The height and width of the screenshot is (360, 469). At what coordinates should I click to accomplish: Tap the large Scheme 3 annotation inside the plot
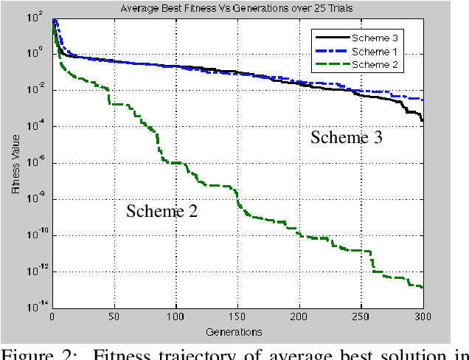347,137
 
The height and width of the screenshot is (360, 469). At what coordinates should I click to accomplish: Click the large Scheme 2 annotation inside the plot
162,211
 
